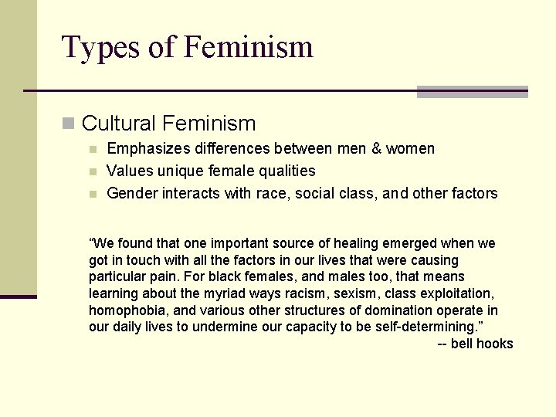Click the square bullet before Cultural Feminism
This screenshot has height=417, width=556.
click(x=69, y=123)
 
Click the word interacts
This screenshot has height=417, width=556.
click(x=191, y=193)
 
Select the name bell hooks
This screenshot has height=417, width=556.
click(x=482, y=344)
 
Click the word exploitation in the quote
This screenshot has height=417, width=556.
click(x=458, y=293)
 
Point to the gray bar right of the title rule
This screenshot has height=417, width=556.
click(x=472, y=91)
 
